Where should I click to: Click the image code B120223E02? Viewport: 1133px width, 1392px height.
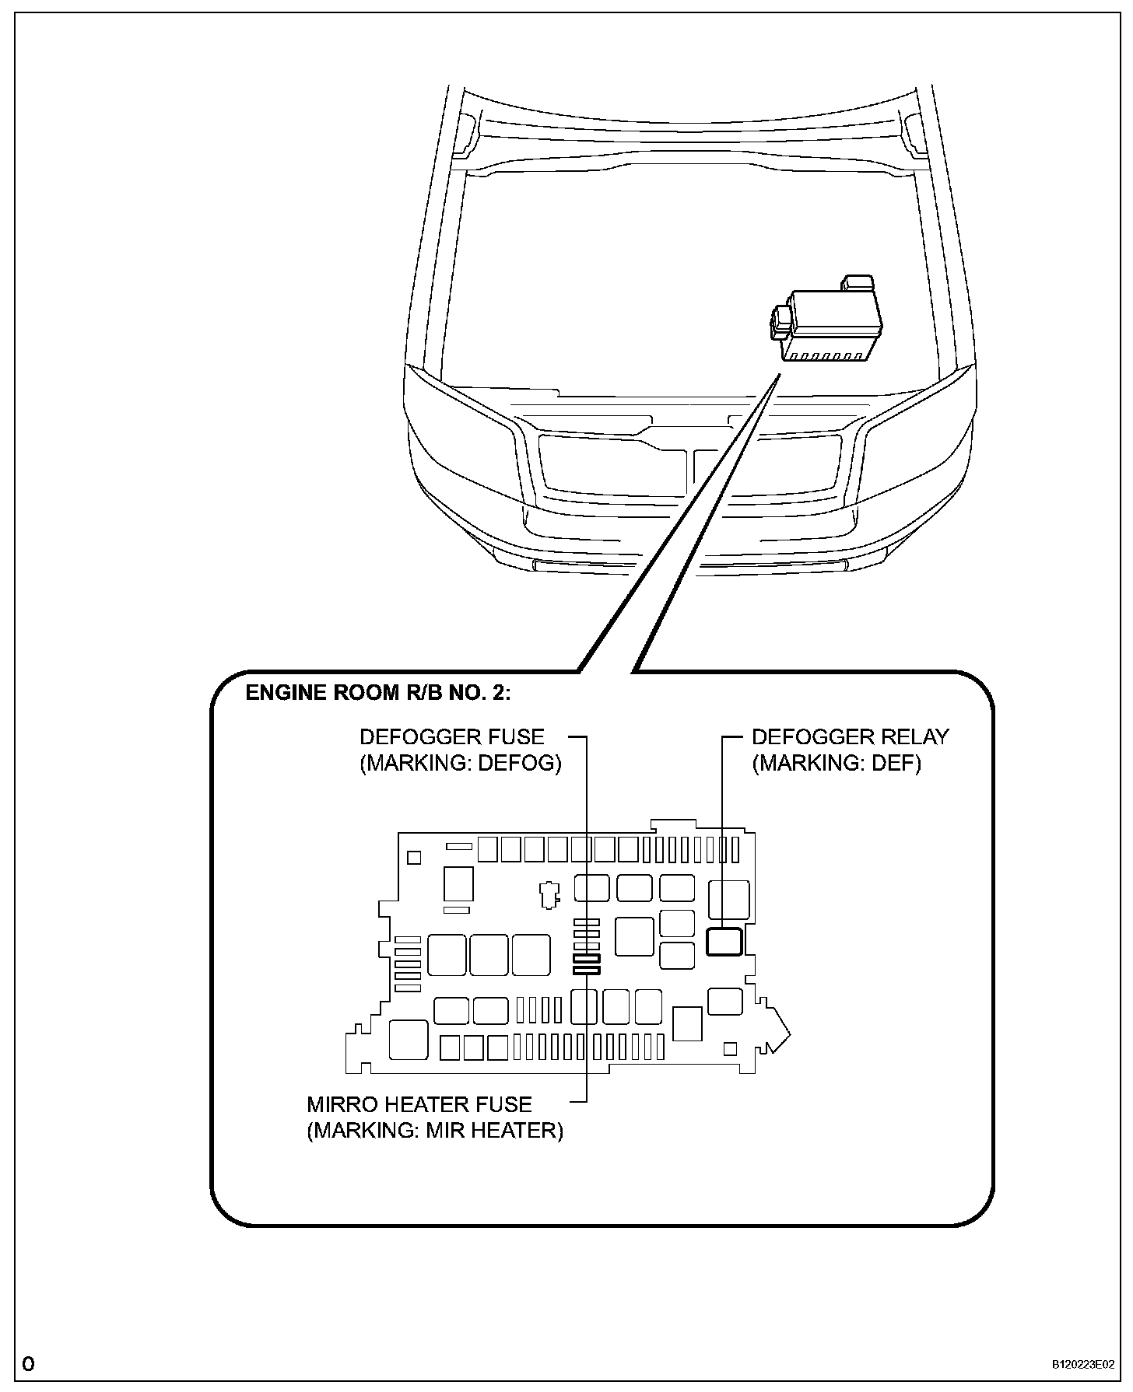[x=1083, y=1364]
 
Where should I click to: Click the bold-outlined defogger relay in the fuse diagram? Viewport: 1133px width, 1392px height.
[x=724, y=942]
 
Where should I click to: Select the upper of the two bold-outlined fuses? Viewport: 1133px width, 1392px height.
[x=586, y=959]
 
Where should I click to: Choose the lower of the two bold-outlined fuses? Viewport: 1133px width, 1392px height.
[x=586, y=970]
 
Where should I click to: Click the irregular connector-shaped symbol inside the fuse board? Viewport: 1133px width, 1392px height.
[x=549, y=894]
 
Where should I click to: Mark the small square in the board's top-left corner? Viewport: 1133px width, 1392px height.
[x=414, y=857]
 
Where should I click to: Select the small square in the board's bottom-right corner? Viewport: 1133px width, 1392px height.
[x=729, y=1048]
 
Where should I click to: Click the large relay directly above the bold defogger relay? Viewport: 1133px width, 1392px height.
[x=728, y=901]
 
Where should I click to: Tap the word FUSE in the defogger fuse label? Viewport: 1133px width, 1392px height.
[x=517, y=736]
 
